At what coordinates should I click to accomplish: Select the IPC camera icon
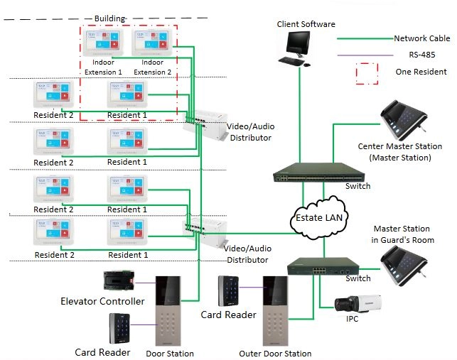point(360,303)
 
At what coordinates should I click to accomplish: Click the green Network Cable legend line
point(365,38)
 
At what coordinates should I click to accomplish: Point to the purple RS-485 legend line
point(365,55)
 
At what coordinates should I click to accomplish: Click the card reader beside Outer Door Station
point(233,290)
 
